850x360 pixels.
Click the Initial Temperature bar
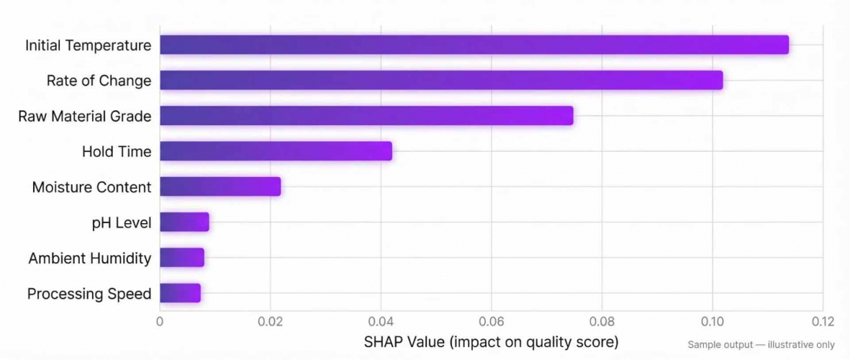474,45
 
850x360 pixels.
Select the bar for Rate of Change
440,80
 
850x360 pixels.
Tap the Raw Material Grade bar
366,115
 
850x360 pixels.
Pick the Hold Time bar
275,151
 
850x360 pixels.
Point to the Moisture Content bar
220,186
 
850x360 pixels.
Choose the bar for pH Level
184,222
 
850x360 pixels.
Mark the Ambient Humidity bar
181,257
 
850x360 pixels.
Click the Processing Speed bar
180,293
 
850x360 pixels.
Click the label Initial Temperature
88,45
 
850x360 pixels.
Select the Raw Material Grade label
84,116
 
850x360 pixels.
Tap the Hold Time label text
117,151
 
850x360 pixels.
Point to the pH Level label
122,222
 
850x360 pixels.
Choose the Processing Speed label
89,294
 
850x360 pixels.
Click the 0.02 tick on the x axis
270,321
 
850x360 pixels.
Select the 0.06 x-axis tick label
491,321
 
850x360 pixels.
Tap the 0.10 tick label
712,321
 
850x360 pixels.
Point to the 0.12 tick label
822,321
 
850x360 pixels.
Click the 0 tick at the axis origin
160,321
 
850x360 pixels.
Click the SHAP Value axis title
491,341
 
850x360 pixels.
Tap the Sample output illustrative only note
761,345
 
